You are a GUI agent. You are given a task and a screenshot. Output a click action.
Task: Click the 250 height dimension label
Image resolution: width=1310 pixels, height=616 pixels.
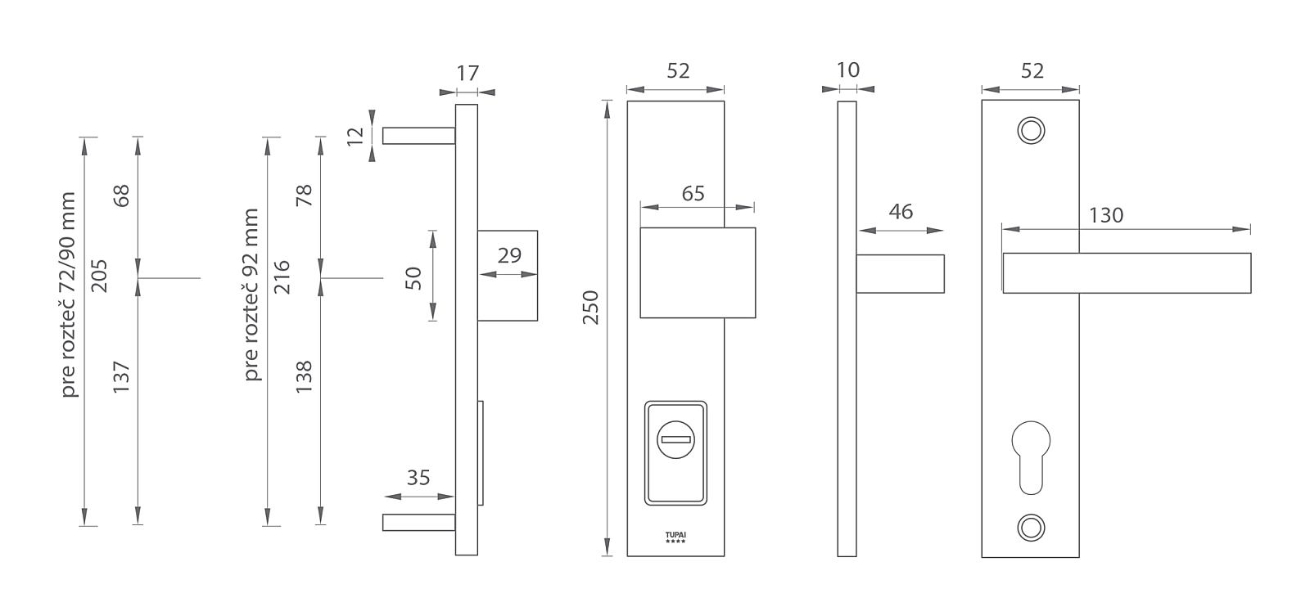click(x=590, y=307)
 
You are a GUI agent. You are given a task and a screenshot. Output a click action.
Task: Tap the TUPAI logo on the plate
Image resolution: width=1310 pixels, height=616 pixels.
click(x=675, y=537)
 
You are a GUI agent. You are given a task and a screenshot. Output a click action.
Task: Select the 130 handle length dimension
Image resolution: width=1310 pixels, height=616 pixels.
click(x=1105, y=215)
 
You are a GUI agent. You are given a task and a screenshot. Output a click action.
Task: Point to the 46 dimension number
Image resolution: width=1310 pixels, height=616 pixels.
click(x=900, y=212)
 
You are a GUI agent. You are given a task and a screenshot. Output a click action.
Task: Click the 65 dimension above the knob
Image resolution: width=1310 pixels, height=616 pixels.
click(x=693, y=194)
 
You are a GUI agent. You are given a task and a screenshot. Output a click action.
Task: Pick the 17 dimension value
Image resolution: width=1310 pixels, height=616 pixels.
click(x=467, y=74)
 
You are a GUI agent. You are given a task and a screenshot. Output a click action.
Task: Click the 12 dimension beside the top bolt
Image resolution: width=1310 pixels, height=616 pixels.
click(x=355, y=136)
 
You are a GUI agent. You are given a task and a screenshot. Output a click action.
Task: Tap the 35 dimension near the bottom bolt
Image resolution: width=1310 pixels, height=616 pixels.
click(x=418, y=478)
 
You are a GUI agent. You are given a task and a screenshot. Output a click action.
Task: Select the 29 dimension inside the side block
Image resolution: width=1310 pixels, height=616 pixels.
click(x=509, y=255)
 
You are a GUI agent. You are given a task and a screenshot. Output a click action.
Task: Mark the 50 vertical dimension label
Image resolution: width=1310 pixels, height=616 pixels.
click(x=413, y=278)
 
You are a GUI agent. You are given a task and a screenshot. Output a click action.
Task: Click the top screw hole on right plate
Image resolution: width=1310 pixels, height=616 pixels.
click(x=1030, y=130)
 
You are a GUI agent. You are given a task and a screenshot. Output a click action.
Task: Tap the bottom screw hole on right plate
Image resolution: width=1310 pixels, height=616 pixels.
click(x=1030, y=528)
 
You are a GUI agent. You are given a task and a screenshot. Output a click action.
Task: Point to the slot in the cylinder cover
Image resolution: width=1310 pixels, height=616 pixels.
click(x=675, y=441)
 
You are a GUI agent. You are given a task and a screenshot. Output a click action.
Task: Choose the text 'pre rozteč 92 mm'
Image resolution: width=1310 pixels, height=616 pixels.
click(x=251, y=295)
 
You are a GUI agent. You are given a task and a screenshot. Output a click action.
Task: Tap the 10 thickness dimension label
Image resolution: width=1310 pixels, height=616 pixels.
click(x=848, y=70)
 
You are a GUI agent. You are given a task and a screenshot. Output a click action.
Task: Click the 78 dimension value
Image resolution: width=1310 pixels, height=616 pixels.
click(x=304, y=196)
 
